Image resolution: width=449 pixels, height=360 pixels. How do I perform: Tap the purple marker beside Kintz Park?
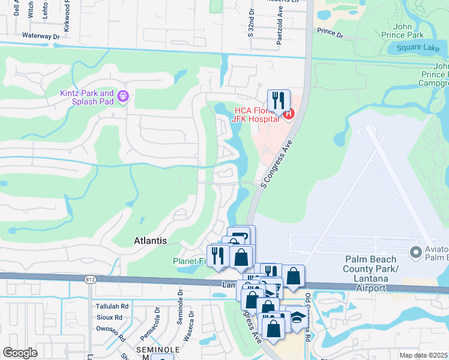124,95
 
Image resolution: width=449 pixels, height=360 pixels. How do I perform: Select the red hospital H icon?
288,113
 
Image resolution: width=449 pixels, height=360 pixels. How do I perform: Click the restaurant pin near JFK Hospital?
279,100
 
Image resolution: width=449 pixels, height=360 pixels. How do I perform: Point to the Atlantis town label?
149,241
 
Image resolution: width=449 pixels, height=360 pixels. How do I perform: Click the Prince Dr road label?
329,33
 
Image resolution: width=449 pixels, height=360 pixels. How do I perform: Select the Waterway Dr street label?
41,36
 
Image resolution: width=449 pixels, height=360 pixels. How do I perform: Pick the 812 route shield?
90,280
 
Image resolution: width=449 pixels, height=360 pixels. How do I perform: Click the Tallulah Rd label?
112,305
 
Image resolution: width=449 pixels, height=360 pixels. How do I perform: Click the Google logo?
20,353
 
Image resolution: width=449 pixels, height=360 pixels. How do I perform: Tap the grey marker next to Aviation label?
414,251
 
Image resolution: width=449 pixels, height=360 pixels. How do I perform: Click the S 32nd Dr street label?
251,26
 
